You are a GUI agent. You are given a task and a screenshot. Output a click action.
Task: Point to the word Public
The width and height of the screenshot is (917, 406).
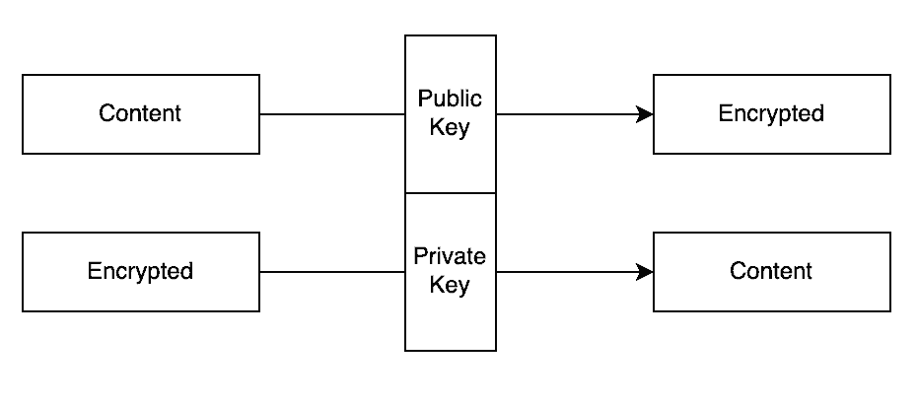point(451,100)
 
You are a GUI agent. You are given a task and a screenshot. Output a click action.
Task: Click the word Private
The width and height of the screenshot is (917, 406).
point(450,257)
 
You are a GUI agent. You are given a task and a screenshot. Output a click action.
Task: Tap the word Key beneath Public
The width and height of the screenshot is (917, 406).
point(451,128)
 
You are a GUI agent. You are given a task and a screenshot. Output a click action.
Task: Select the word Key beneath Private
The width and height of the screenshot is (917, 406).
point(451,286)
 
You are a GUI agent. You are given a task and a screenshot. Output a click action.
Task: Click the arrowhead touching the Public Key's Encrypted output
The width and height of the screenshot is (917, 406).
point(646,114)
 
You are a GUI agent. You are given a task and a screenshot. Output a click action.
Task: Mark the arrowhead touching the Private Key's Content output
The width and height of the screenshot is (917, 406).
point(646,272)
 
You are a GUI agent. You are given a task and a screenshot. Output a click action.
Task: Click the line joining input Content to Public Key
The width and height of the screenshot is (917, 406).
point(332,114)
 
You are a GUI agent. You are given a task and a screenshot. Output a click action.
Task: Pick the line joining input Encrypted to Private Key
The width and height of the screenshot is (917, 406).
point(332,272)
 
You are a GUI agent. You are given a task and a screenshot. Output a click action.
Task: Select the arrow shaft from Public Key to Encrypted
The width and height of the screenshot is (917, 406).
point(567,114)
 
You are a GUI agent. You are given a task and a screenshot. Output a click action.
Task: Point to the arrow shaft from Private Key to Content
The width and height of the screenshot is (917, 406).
point(567,272)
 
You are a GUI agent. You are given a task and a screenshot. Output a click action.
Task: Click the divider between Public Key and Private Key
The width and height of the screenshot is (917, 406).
point(451,193)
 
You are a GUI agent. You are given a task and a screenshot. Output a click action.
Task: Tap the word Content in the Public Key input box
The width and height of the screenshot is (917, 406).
point(140,113)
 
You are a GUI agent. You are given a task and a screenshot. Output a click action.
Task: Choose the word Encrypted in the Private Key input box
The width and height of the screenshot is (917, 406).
point(140,271)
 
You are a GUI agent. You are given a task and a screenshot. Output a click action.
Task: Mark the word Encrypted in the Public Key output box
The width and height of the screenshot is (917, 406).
point(771,113)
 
